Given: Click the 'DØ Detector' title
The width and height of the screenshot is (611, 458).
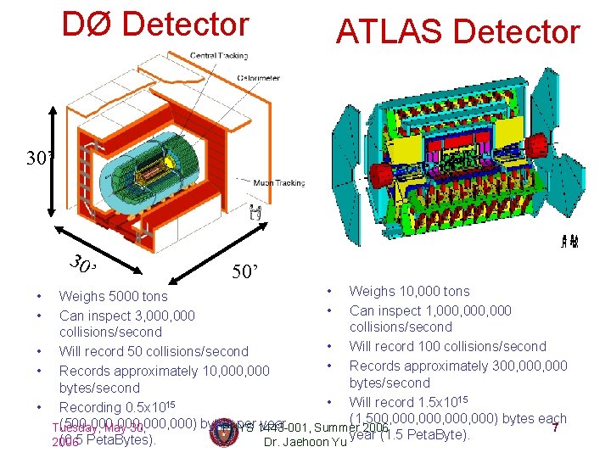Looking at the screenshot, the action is (x=155, y=25).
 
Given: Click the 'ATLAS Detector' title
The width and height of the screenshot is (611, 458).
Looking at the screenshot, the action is (x=457, y=32).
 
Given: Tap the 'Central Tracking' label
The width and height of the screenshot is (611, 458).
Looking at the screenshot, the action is (x=219, y=56).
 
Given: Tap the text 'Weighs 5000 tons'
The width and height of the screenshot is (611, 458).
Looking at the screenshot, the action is (x=113, y=296).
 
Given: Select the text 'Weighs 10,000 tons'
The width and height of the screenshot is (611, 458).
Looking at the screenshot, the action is (x=409, y=291).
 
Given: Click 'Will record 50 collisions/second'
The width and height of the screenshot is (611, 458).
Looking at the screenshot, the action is (x=154, y=351).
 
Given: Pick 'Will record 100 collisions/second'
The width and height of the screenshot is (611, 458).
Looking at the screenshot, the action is (x=447, y=346).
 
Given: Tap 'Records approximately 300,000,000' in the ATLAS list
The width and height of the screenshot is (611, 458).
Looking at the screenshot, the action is (x=458, y=366).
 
